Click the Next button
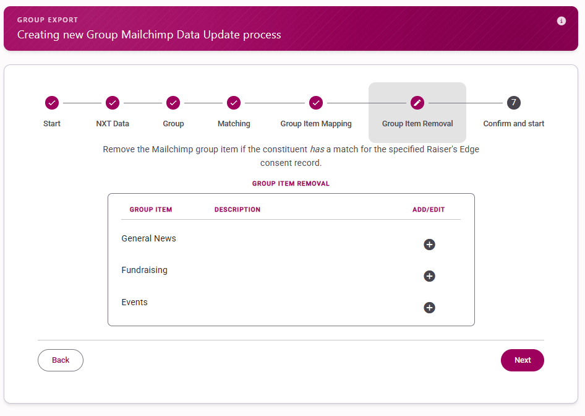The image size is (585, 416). tap(523, 360)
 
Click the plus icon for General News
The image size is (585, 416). tap(429, 245)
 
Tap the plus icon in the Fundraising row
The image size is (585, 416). tap(429, 276)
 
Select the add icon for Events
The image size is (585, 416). tap(429, 308)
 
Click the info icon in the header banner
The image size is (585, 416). tap(561, 21)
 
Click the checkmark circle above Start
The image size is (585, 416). tap(52, 103)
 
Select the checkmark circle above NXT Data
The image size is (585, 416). tap(113, 103)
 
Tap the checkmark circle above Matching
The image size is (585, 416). tap(234, 103)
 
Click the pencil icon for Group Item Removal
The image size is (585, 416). tap(417, 103)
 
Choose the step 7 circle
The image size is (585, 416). tap(514, 103)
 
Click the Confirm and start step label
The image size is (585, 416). tap(514, 124)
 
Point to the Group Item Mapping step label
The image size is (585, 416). tap(316, 124)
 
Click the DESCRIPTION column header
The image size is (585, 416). tap(237, 209)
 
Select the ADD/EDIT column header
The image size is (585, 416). tap(429, 209)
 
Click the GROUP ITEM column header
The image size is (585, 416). tap(151, 209)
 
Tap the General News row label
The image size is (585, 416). tap(148, 238)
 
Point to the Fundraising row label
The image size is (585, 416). tap(144, 270)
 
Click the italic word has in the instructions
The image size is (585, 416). tap(317, 149)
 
